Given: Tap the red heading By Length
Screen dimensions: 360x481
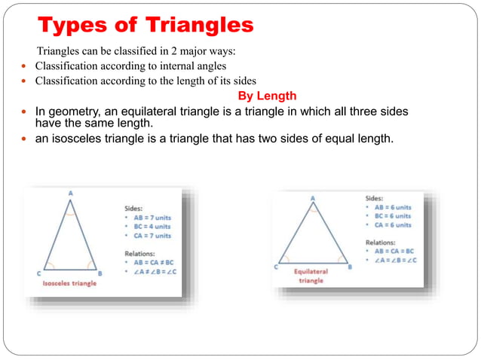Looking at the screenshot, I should pos(267,96).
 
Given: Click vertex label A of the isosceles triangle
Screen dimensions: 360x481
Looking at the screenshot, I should pos(71,194).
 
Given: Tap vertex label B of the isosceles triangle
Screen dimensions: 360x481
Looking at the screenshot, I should pos(100,273).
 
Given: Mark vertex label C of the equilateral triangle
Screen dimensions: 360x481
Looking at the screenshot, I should pos(277,267).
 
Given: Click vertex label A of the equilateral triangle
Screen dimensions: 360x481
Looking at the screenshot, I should pos(313,199).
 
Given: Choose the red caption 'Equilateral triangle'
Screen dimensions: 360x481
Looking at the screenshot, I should pos(310,275).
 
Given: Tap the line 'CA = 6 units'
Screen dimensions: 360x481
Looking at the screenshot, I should pos(391,224).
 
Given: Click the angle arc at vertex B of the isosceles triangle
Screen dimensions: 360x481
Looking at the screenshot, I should pos(91,266).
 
